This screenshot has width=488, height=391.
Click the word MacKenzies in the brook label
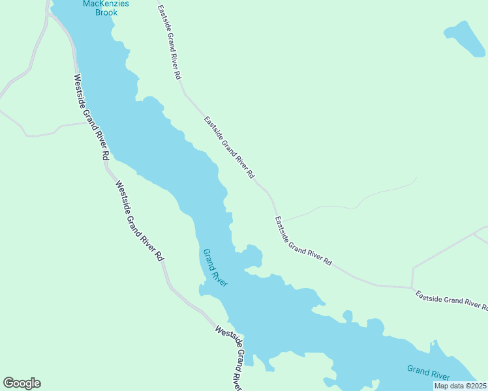click(106, 4)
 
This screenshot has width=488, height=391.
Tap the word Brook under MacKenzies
click(106, 12)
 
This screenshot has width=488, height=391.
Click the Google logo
click(22, 383)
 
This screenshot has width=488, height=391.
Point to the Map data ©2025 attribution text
click(460, 386)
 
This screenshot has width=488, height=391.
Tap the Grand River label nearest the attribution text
click(428, 372)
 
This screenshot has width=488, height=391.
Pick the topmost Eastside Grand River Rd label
click(169, 42)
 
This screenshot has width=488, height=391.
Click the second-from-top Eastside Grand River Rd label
click(228, 148)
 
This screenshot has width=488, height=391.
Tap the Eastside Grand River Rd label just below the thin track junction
click(303, 241)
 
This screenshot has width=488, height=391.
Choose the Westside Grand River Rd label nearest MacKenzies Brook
click(90, 117)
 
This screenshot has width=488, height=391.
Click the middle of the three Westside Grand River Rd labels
click(140, 220)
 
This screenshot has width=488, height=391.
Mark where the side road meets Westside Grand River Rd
click(85, 122)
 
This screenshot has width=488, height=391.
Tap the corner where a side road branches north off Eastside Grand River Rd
click(412, 287)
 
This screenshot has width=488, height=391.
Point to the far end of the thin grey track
click(416, 178)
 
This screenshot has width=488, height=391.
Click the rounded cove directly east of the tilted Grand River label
click(251, 256)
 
